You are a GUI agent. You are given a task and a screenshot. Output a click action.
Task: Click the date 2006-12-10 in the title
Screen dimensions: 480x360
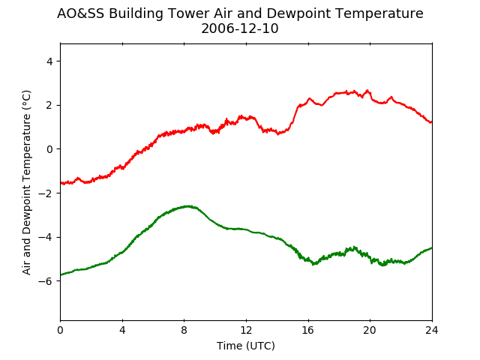pos(240,28)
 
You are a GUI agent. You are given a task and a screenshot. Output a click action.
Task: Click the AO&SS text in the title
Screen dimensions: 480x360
pos(80,13)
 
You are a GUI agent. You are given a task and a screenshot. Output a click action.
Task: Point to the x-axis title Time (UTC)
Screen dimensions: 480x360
pos(246,346)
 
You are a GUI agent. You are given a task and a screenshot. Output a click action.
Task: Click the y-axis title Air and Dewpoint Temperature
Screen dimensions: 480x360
pos(27,182)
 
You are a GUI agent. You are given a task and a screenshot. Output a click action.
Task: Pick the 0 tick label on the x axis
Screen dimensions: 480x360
pos(60,330)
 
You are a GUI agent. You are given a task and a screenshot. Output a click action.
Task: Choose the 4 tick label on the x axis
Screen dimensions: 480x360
pos(122,330)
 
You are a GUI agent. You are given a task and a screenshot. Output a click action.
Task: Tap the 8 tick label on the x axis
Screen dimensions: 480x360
pos(184,330)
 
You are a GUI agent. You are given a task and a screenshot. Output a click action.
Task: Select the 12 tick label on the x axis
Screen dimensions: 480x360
pos(246,330)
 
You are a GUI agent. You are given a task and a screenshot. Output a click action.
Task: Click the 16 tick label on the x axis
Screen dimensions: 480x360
pos(308,330)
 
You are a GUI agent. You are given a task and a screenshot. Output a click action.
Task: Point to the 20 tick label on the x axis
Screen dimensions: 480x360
pos(370,330)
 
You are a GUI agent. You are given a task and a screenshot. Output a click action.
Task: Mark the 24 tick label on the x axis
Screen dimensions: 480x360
pos(432,330)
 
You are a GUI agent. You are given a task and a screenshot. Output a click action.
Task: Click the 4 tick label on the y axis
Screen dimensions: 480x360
pos(49,61)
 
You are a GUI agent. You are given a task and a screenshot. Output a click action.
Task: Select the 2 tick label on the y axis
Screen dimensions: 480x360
pos(49,105)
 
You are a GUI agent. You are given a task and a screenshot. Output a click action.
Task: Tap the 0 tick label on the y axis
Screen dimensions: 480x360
pos(49,149)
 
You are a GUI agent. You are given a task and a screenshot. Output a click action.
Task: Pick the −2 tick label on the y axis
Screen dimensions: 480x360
pos(46,193)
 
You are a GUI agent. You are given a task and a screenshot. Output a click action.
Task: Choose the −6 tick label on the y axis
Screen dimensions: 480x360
pos(46,281)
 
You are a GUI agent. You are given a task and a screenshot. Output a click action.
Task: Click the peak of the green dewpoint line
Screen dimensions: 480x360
pos(188,206)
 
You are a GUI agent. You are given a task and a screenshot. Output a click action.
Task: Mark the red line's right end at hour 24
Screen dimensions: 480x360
pos(432,122)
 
